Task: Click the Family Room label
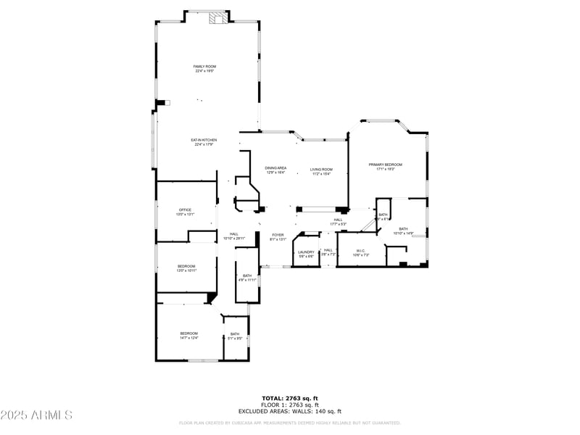tap(204, 69)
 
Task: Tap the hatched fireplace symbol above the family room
tap(217, 19)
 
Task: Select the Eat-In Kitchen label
tap(204, 142)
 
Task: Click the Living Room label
tap(321, 171)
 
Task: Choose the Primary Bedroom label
tap(385, 167)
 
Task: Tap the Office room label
tap(186, 212)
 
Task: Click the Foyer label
tap(278, 237)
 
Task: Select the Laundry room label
tap(306, 254)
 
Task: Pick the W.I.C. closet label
tap(360, 254)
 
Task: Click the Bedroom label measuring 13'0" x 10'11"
tap(186, 268)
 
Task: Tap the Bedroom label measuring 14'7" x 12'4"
tap(189, 335)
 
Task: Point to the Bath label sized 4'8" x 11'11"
tap(246, 277)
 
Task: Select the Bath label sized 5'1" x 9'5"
tap(235, 336)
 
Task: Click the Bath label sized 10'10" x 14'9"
tap(403, 231)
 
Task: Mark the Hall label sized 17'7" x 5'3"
tap(338, 222)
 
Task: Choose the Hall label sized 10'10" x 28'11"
tap(234, 236)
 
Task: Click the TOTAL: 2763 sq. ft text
tap(290, 398)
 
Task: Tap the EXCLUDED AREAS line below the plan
tap(290, 411)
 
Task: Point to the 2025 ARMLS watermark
tap(36, 415)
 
